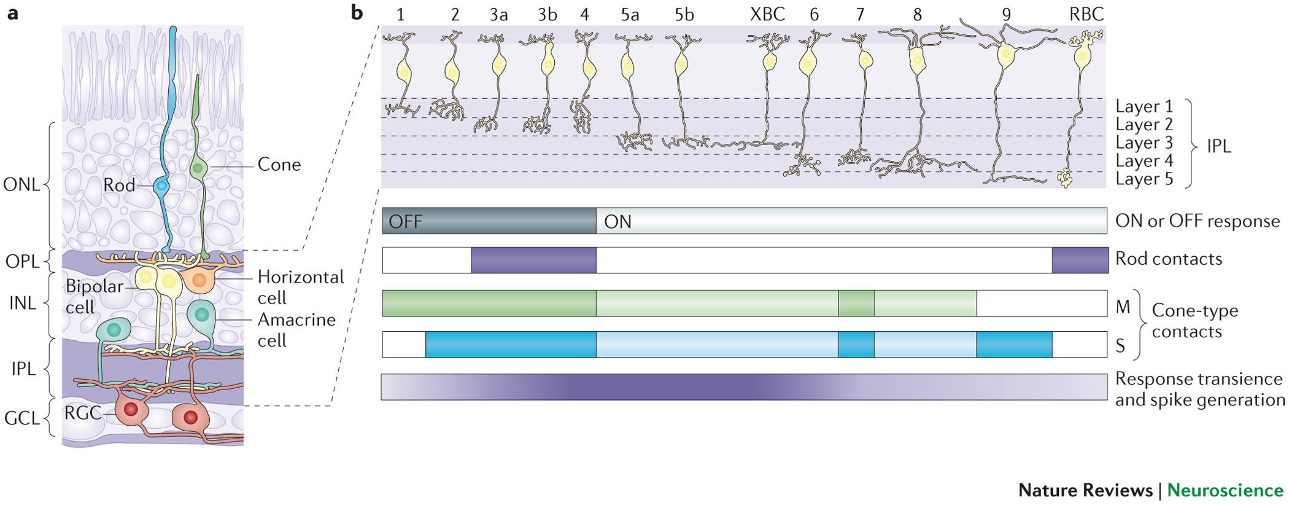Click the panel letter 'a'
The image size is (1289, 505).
(x=12, y=14)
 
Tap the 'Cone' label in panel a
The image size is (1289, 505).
(x=279, y=165)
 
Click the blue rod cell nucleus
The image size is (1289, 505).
(x=161, y=185)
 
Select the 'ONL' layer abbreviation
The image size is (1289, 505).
(x=21, y=185)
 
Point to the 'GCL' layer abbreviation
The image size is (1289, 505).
(x=21, y=419)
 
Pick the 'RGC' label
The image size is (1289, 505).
(x=82, y=413)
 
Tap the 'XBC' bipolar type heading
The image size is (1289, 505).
(x=767, y=15)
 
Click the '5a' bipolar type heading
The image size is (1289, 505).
(x=630, y=15)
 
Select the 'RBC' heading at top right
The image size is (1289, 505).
(x=1086, y=15)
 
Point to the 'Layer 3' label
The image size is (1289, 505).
(x=1144, y=143)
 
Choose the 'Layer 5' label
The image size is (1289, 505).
(x=1144, y=179)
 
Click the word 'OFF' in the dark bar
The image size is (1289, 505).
(x=405, y=222)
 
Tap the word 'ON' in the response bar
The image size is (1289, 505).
(x=617, y=222)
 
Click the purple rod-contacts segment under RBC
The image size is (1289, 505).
(x=1079, y=260)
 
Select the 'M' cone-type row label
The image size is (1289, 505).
(x=1123, y=307)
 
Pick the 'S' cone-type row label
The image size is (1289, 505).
(x=1120, y=346)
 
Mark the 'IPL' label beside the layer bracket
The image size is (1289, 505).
(x=1218, y=146)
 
